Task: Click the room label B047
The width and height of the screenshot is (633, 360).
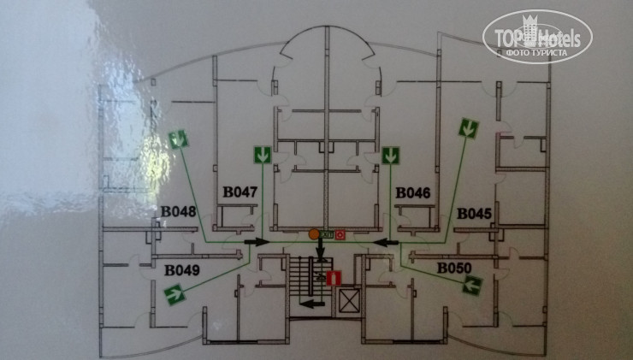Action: pyautogui.click(x=241, y=192)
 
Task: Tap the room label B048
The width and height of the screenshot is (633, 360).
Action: pyautogui.click(x=178, y=212)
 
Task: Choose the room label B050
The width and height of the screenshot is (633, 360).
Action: pyautogui.click(x=454, y=269)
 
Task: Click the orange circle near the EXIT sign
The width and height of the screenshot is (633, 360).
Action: pyautogui.click(x=314, y=233)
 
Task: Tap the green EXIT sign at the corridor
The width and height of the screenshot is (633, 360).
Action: pyautogui.click(x=328, y=233)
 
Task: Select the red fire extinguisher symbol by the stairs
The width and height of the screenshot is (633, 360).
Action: pyautogui.click(x=334, y=278)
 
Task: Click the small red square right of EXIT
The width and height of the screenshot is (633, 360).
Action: pyautogui.click(x=340, y=233)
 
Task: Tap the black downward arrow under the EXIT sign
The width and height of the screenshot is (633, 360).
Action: pyautogui.click(x=322, y=251)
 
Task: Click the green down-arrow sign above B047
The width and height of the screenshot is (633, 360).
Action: pyautogui.click(x=263, y=156)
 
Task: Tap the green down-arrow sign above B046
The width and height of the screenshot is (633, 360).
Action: pyautogui.click(x=391, y=156)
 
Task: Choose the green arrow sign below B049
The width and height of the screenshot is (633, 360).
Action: pyautogui.click(x=175, y=296)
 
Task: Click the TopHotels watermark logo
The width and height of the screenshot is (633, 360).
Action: pyautogui.click(x=536, y=35)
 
